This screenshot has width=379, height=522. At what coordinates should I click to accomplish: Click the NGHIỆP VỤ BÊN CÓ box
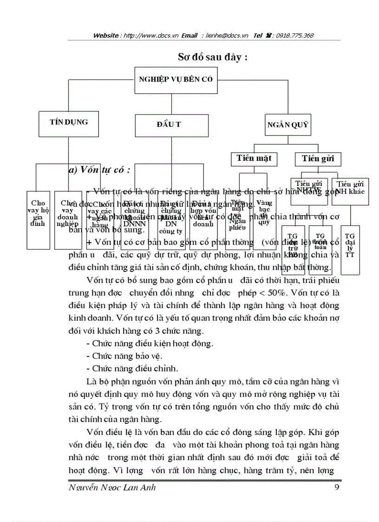coord(176,79)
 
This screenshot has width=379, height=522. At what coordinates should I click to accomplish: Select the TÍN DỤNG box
coord(69,122)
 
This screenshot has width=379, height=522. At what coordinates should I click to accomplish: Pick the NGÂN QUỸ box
coord(288,125)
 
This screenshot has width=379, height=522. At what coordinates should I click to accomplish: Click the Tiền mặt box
coord(254,159)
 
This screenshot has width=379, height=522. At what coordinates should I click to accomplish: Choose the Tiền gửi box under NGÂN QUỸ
coord(318,159)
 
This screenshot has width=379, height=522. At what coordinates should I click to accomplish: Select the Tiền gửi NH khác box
coord(350,191)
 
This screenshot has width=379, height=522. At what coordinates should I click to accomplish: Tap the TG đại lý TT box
coord(350,249)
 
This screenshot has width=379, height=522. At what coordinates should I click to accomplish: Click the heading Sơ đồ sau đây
coord(212,57)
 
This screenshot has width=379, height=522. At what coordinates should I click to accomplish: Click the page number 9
coord(336,487)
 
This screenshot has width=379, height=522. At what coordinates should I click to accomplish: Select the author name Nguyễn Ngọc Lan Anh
coord(112,487)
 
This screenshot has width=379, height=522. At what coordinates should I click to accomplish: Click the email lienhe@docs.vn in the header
coord(225,35)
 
